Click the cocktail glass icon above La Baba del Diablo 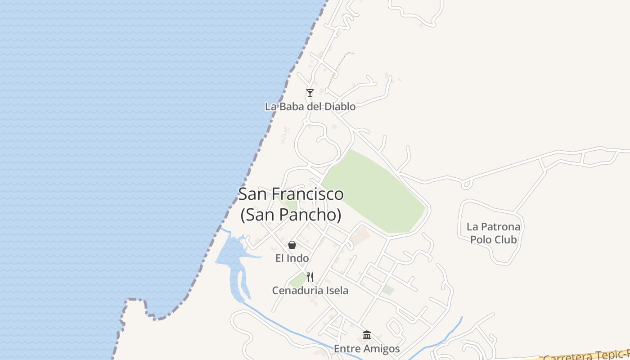point(310,93)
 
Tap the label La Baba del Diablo point(310,107)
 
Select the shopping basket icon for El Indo point(292,245)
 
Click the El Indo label point(292,258)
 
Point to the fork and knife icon point(310,277)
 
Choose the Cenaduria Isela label point(310,291)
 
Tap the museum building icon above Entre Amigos point(367,335)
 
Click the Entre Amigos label point(367,349)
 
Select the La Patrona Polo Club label point(494,233)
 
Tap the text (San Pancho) point(291,215)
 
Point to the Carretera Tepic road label point(585,355)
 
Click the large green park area point(373,193)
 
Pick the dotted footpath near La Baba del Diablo point(338,67)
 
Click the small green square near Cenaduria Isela point(297,281)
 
